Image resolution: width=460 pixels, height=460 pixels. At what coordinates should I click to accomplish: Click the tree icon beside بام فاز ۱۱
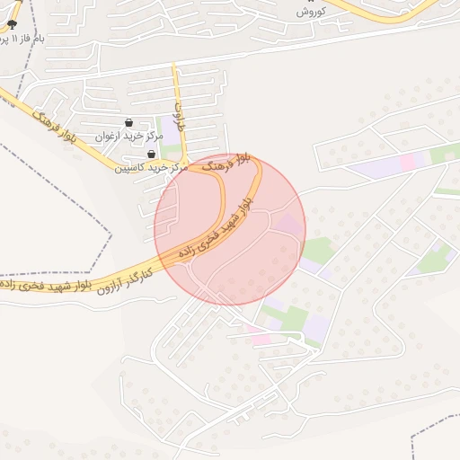click(12, 24)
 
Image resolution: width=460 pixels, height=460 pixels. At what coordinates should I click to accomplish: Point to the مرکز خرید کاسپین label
click(150, 167)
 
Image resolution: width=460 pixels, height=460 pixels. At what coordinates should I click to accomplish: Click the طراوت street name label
click(178, 115)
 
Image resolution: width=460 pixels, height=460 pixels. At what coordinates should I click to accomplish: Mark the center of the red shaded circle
click(230, 229)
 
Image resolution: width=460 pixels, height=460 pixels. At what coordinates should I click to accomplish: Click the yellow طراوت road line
click(178, 90)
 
